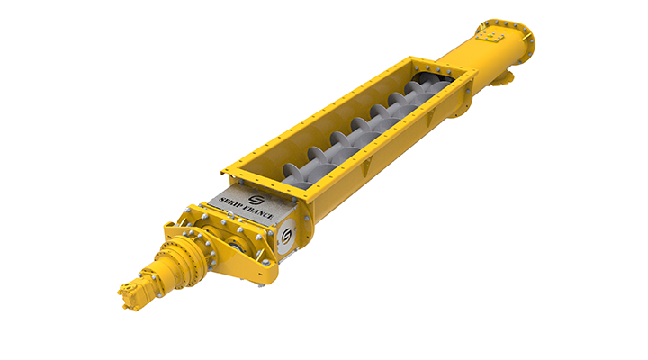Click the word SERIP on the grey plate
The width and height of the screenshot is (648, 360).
point(229,202)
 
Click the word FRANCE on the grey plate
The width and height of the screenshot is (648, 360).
point(258,212)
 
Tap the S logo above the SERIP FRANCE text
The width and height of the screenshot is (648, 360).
point(256,200)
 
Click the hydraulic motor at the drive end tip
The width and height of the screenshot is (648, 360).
point(131,293)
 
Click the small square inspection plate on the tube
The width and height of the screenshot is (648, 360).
point(490,37)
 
